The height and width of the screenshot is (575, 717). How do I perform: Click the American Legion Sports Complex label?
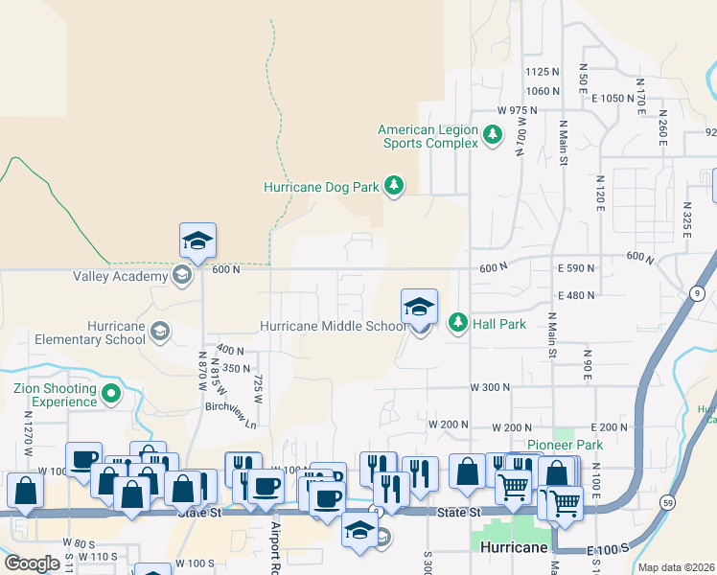[x=428, y=136]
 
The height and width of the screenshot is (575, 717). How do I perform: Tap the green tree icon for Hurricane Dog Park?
[x=394, y=186]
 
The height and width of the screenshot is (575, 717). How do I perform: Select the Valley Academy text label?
[x=120, y=277]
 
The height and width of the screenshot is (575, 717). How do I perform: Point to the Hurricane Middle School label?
[x=333, y=326]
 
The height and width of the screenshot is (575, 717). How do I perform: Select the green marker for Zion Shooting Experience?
[x=112, y=394]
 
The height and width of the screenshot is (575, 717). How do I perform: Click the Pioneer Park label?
[x=566, y=446]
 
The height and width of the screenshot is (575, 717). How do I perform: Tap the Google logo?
[x=32, y=563]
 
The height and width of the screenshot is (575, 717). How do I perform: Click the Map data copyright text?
[x=676, y=567]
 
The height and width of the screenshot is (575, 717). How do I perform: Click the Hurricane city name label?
[x=515, y=547]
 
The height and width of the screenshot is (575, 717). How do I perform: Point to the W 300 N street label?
[x=489, y=387]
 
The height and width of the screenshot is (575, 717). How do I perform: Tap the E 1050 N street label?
[x=613, y=99]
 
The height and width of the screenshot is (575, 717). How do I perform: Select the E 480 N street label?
[x=575, y=296]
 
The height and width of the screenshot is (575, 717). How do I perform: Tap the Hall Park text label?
[x=498, y=324]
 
